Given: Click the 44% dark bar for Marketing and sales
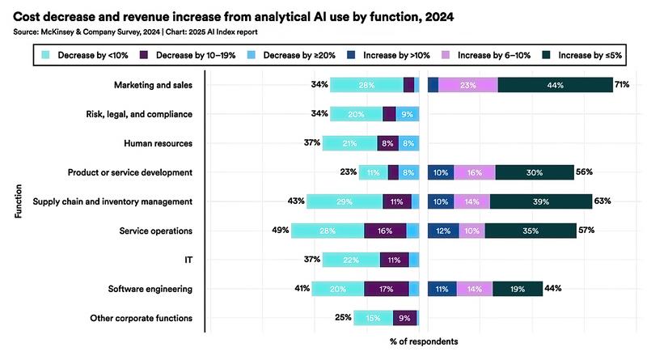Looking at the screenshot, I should [555, 85].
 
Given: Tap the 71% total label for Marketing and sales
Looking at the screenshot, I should [622, 85].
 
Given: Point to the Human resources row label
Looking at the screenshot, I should [159, 143].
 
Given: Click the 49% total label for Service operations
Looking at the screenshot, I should [281, 231].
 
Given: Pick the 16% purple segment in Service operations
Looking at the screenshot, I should [384, 231].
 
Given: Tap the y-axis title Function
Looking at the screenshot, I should [17, 201].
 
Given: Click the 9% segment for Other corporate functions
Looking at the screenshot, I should [405, 318].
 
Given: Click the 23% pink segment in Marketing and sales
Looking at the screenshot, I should [467, 85].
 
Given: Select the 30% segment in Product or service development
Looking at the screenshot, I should [534, 172].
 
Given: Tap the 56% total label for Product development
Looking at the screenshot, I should [585, 172].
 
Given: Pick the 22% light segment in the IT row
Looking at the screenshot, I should [349, 260].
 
